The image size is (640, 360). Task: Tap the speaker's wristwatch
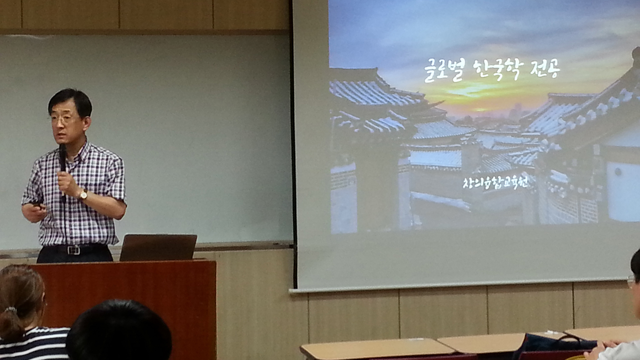(84, 195)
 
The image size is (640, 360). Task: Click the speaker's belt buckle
(74, 250)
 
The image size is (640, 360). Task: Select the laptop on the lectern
(158, 248)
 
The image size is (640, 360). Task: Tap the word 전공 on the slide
(545, 68)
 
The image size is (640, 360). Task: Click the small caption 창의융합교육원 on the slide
(496, 183)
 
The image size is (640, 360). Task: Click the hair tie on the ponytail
(11, 310)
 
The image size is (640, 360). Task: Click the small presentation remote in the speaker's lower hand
(38, 205)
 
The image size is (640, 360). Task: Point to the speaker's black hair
(71, 102)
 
